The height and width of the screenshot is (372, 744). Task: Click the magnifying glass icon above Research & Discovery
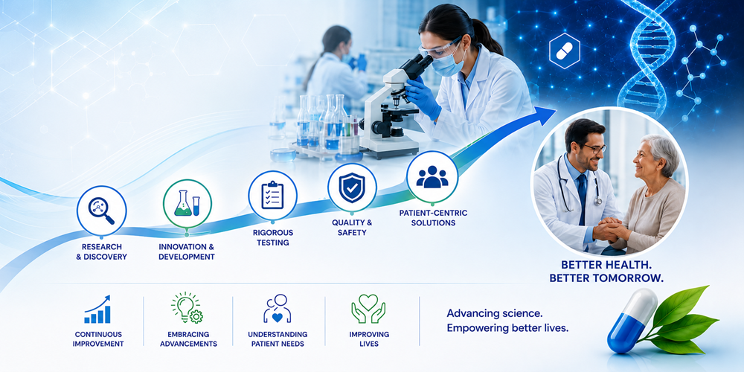point(101,211)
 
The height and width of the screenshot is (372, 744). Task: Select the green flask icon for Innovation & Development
point(187,204)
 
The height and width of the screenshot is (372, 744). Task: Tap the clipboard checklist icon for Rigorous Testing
point(272,194)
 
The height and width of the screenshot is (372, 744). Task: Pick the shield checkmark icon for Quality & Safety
point(352,187)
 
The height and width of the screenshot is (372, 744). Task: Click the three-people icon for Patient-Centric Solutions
point(432,176)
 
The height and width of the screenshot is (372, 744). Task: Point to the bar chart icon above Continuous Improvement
point(97,310)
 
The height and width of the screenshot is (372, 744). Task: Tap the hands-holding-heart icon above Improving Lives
point(368,309)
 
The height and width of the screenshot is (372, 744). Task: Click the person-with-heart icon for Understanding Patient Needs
point(278,309)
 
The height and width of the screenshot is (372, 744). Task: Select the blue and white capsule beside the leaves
point(632,320)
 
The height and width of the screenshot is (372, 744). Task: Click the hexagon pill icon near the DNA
point(564,51)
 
